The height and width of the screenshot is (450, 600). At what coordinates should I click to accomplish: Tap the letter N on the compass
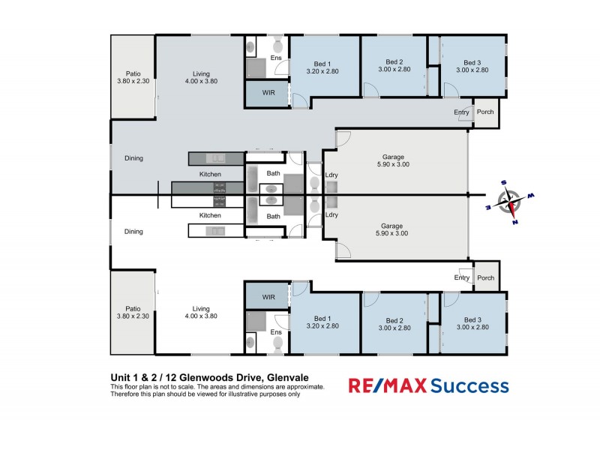pos(514,221)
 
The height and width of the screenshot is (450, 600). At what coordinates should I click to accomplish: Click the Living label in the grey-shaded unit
pos(201,73)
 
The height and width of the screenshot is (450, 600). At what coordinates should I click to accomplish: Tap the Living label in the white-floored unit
pos(201,308)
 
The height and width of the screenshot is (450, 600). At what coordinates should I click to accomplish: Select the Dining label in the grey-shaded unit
pos(133,158)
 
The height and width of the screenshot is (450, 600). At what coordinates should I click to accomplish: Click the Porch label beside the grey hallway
pos(485,112)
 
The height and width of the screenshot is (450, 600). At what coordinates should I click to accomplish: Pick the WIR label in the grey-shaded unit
pos(268,94)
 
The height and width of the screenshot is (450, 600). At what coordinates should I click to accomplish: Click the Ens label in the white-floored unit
pos(275,331)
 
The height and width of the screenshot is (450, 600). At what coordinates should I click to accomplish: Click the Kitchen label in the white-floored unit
pos(210,215)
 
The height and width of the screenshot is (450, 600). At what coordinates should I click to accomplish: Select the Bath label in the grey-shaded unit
pos(273,174)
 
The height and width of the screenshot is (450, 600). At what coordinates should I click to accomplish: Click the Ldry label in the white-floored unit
pos(331,215)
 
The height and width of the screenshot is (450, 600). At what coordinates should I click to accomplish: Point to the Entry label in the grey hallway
pos(461,112)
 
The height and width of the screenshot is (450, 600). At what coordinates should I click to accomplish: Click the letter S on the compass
pos(503,182)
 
